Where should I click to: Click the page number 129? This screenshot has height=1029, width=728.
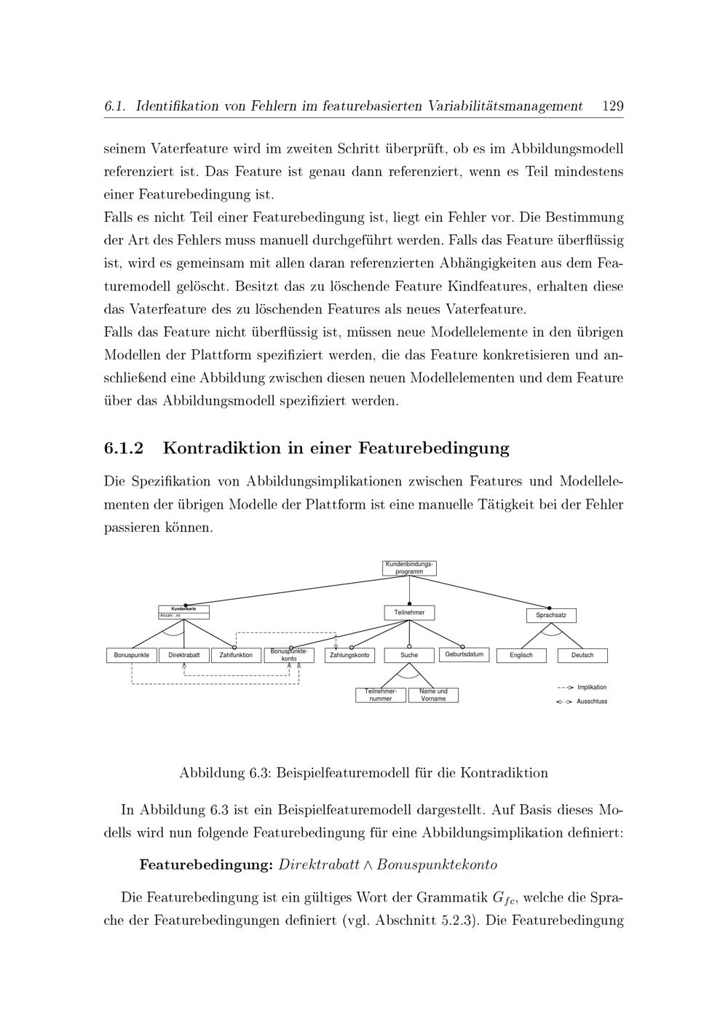(x=613, y=106)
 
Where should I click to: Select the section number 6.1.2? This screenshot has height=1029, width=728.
(x=124, y=448)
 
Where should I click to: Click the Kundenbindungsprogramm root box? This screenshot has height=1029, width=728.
(x=409, y=568)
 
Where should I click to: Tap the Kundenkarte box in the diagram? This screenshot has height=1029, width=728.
(x=183, y=612)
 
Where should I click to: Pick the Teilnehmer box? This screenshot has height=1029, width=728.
(x=409, y=613)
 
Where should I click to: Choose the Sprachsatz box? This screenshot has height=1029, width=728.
(x=551, y=616)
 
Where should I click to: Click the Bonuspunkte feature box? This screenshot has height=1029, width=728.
(x=132, y=655)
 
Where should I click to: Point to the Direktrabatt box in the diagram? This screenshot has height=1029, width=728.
(x=184, y=655)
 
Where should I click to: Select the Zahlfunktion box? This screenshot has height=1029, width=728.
(x=236, y=655)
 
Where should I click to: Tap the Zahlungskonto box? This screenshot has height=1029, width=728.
(x=349, y=655)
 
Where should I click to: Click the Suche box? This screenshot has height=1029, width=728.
(x=409, y=655)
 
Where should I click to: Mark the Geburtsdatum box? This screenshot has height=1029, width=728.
(x=464, y=654)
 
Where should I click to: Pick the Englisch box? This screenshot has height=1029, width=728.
(x=521, y=655)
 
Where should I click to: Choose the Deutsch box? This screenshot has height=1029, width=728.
(x=582, y=655)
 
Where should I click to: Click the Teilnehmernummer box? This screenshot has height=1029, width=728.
(x=380, y=695)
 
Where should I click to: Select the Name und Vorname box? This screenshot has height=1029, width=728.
(x=433, y=695)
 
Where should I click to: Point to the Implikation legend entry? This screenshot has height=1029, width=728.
(x=591, y=687)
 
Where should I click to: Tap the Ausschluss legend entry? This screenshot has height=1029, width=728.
(x=591, y=702)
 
